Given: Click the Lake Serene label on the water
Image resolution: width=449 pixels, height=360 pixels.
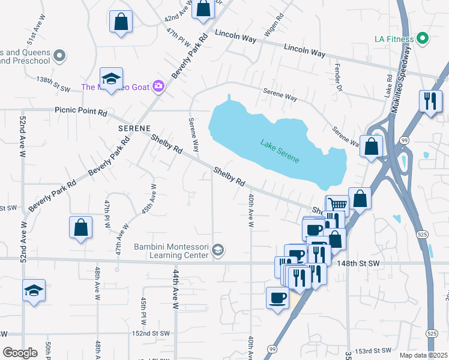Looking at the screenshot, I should pos(280,151).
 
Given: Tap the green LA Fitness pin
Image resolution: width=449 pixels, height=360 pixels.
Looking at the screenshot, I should pos(422,39).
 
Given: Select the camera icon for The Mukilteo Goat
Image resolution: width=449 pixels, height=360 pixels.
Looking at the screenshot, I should pos(158,86).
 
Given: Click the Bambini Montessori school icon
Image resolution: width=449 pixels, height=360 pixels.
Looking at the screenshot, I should pos(218,250).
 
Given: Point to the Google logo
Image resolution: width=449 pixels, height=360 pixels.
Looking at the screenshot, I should pos(20,353).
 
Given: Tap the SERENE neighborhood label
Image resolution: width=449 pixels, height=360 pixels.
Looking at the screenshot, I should pos(133,129).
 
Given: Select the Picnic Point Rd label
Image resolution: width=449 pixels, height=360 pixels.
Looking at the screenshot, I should pos(80,111).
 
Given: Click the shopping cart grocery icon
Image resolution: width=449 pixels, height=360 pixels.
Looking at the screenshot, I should pos(337,205).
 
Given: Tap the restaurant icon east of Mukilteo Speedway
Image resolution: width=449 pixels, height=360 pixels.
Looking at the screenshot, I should pos(430,101).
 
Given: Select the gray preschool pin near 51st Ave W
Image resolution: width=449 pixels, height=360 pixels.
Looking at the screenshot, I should pos(59,56).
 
